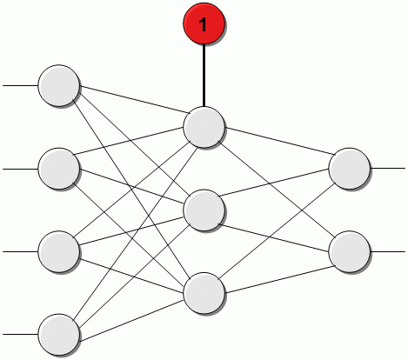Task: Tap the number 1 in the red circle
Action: click(x=204, y=25)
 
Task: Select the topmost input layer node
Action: click(x=59, y=85)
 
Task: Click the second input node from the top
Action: click(x=59, y=167)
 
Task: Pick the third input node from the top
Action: click(x=59, y=250)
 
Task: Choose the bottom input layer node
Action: click(x=59, y=333)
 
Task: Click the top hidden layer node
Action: click(x=204, y=127)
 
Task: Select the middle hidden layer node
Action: click(x=204, y=210)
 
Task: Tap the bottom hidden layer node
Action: click(x=204, y=292)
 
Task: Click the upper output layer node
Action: click(x=351, y=168)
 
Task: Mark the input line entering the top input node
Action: click(x=20, y=86)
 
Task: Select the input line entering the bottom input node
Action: click(x=20, y=334)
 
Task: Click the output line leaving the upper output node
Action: click(x=388, y=168)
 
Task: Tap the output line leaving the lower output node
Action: click(x=388, y=251)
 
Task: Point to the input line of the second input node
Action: click(x=20, y=168)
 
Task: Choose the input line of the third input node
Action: click(x=20, y=251)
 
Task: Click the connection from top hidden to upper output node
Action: click(x=278, y=147)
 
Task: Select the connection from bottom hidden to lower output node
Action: click(x=278, y=271)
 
